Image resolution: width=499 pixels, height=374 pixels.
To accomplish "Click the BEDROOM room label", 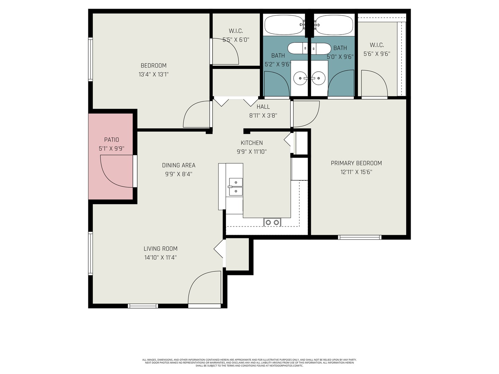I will [154, 65].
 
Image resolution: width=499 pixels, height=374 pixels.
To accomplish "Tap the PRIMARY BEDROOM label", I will [356, 163].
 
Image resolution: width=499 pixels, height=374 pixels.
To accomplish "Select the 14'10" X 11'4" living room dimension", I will [160, 257].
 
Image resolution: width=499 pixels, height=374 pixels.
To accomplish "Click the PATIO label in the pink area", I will [112, 140].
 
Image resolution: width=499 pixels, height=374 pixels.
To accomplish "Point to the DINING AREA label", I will [178, 165].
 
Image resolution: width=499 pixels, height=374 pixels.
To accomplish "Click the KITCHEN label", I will [252, 143].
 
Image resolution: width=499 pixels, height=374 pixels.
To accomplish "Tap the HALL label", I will [263, 107].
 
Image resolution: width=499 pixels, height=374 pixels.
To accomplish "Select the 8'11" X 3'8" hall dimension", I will [263, 116].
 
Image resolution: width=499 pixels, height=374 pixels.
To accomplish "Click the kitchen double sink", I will [236, 187].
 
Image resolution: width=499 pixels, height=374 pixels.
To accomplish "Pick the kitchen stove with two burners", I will [272, 222].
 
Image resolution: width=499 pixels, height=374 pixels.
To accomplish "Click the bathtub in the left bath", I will [284, 25].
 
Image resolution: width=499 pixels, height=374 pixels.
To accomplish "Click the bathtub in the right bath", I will [334, 25].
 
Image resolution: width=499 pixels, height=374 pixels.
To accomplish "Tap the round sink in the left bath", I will [299, 78].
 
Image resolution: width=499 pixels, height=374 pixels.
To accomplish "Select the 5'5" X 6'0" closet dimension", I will [236, 40].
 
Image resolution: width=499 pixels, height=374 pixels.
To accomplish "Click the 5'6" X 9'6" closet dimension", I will [377, 54].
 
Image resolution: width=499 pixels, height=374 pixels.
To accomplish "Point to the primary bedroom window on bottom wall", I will [360, 237].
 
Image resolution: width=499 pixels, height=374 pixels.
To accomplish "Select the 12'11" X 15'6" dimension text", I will [356, 172].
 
